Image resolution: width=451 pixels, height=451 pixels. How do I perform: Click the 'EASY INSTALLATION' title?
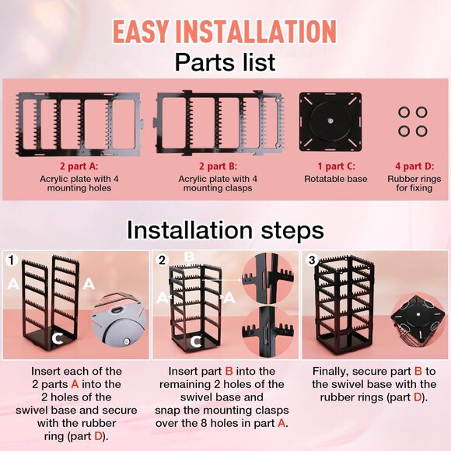click(x=225, y=31)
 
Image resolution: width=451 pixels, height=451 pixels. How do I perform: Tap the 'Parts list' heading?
click(x=225, y=61)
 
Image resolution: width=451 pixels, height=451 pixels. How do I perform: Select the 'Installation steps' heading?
click(x=225, y=230)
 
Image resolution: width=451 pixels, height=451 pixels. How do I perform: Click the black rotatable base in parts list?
click(x=330, y=121)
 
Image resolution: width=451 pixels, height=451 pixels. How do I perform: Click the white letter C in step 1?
click(x=58, y=337)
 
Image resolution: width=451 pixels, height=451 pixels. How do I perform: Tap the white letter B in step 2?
click(x=188, y=256)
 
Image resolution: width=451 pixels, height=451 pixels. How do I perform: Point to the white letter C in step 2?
click(x=197, y=340)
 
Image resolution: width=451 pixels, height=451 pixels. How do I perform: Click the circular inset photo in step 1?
click(x=119, y=317)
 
